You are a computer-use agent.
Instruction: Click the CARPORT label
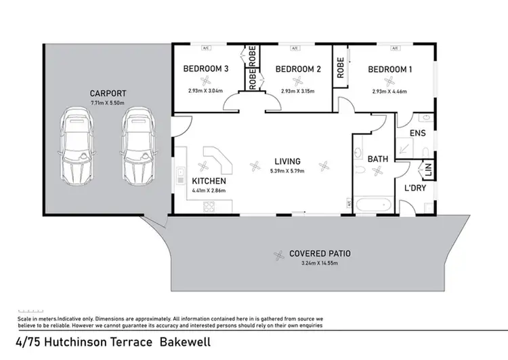(108, 93)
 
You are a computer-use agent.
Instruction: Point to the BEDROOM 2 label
(297, 69)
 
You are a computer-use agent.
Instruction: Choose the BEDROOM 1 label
(390, 69)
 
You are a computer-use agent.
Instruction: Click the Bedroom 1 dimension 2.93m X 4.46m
(391, 92)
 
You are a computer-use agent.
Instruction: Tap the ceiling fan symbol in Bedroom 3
(207, 81)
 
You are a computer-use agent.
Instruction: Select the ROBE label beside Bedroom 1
(340, 68)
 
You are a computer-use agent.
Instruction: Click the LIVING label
(287, 161)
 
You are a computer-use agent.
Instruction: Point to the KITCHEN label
(209, 182)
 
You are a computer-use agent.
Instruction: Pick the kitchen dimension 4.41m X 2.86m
(209, 191)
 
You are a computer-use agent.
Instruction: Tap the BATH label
(377, 159)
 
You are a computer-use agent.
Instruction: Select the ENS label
(418, 133)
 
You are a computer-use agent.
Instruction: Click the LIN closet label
(427, 167)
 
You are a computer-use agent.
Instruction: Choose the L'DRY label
(415, 188)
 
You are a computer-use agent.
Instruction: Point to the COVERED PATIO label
(320, 254)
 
